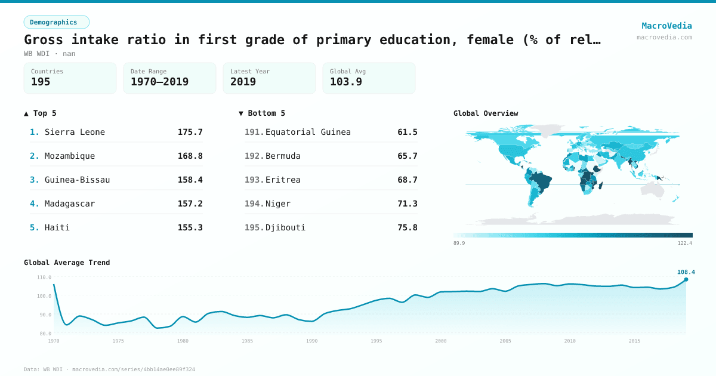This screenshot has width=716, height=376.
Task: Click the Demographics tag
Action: coord(57,22)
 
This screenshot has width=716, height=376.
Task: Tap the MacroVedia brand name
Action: coord(666,26)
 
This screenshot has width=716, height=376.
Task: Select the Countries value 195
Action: coord(41,82)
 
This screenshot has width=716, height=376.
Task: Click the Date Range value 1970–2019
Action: coord(159,82)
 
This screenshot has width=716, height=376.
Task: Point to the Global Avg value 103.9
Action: coord(346,82)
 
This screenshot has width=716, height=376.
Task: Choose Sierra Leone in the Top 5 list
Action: coord(75,132)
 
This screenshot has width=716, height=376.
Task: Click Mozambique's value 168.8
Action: coord(190,156)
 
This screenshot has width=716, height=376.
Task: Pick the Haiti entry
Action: coord(57,227)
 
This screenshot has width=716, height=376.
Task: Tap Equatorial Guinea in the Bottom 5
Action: coord(308,132)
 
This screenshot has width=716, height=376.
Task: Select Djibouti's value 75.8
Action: coord(407,227)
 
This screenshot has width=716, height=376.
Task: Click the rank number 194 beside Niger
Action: coord(254,204)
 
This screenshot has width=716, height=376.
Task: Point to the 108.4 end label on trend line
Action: coord(686,272)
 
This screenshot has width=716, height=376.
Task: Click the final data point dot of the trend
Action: coord(686,279)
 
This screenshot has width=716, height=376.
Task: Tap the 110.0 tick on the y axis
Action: coord(44,278)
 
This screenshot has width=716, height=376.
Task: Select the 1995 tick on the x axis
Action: coord(376,341)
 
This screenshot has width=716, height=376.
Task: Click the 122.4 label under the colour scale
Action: coord(685,243)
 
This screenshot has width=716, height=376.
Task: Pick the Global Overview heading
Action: coord(486,113)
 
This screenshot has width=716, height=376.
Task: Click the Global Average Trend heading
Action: coord(67,263)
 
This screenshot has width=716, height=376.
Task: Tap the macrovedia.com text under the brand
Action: coord(664,37)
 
